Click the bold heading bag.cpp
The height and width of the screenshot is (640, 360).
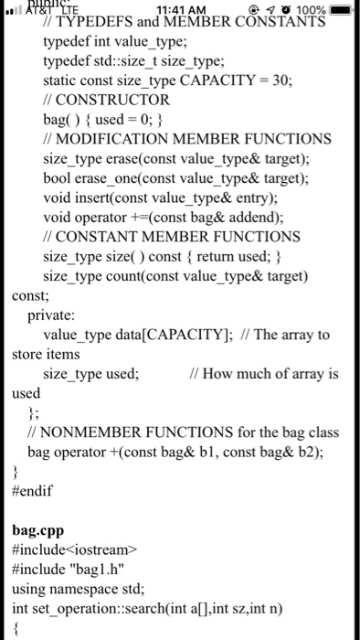[39, 529]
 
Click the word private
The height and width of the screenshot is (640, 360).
[54, 315]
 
